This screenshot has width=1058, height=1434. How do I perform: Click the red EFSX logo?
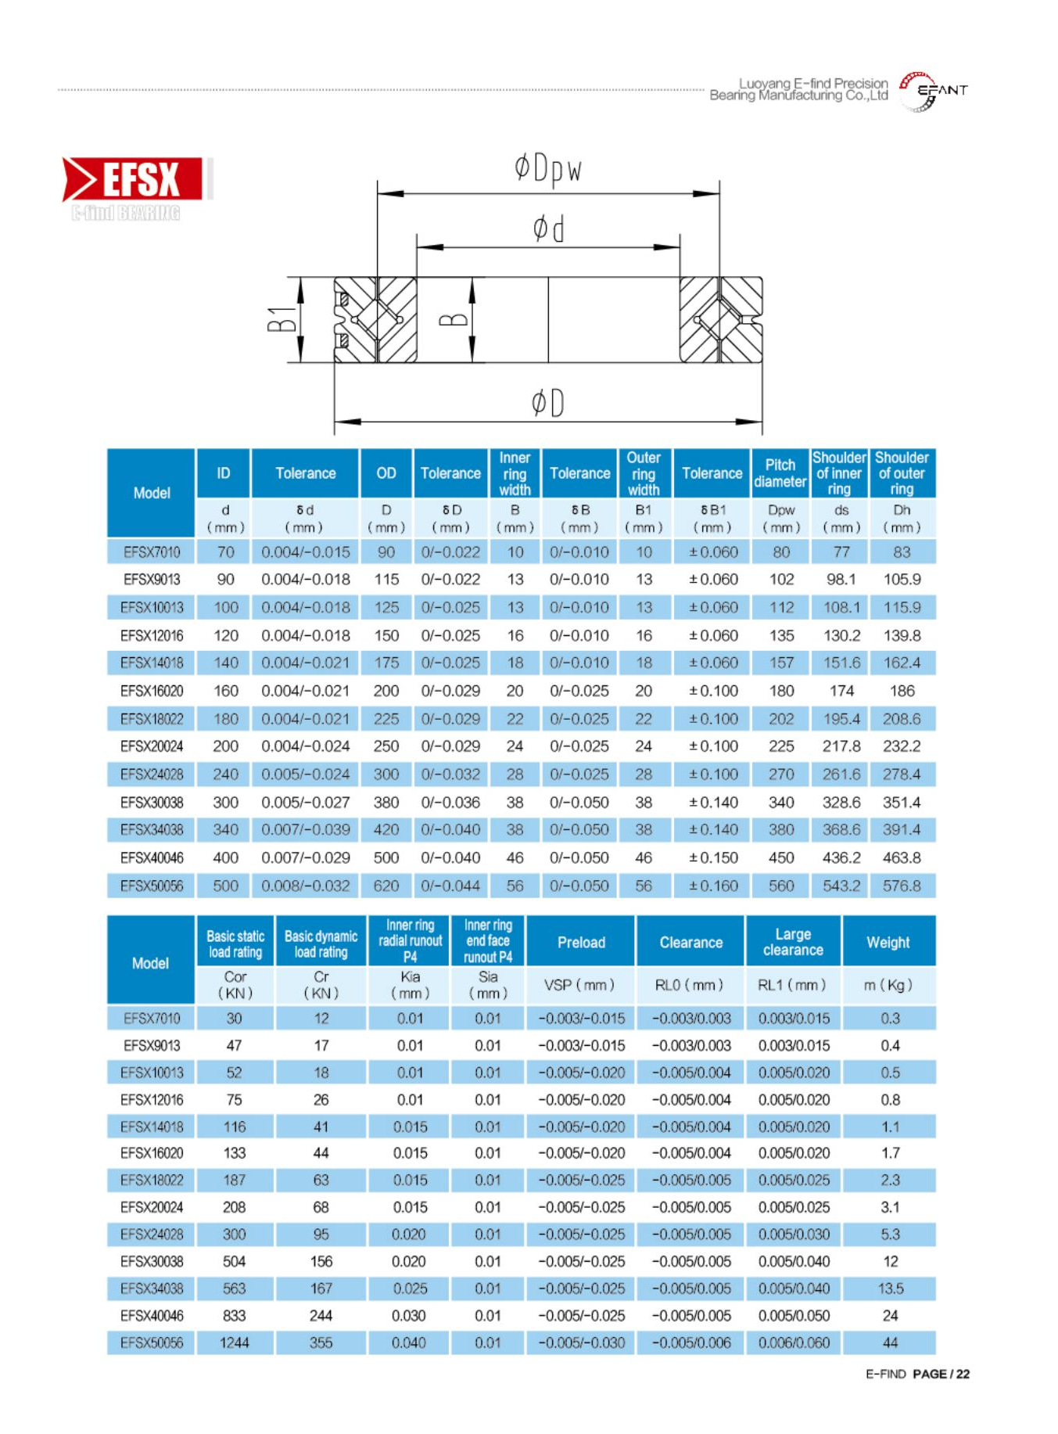[133, 179]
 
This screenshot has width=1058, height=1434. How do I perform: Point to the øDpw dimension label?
[547, 169]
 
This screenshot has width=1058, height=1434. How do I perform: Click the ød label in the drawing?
[548, 229]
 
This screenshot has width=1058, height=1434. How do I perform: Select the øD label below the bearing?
[547, 403]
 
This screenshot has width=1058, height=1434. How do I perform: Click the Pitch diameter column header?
[780, 473]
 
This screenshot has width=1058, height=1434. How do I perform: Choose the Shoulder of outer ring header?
[902, 473]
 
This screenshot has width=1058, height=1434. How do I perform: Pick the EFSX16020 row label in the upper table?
[152, 691]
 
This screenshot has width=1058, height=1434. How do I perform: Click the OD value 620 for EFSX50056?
[386, 886]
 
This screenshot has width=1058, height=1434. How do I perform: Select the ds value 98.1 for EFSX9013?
[841, 580]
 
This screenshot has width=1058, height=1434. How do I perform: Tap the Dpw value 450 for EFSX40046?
[781, 857]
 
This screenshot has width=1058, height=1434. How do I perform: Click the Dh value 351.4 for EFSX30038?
[902, 802]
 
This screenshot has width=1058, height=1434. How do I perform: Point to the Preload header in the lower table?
[581, 942]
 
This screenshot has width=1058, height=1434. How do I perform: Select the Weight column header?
[888, 942]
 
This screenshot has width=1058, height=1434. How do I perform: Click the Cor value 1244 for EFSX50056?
[234, 1342]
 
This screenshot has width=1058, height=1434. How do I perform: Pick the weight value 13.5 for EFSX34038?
[890, 1288]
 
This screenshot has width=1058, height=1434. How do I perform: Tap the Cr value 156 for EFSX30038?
[321, 1261]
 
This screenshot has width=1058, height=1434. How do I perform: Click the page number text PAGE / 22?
[941, 1374]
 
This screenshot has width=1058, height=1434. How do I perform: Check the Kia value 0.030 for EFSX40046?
[409, 1316]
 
